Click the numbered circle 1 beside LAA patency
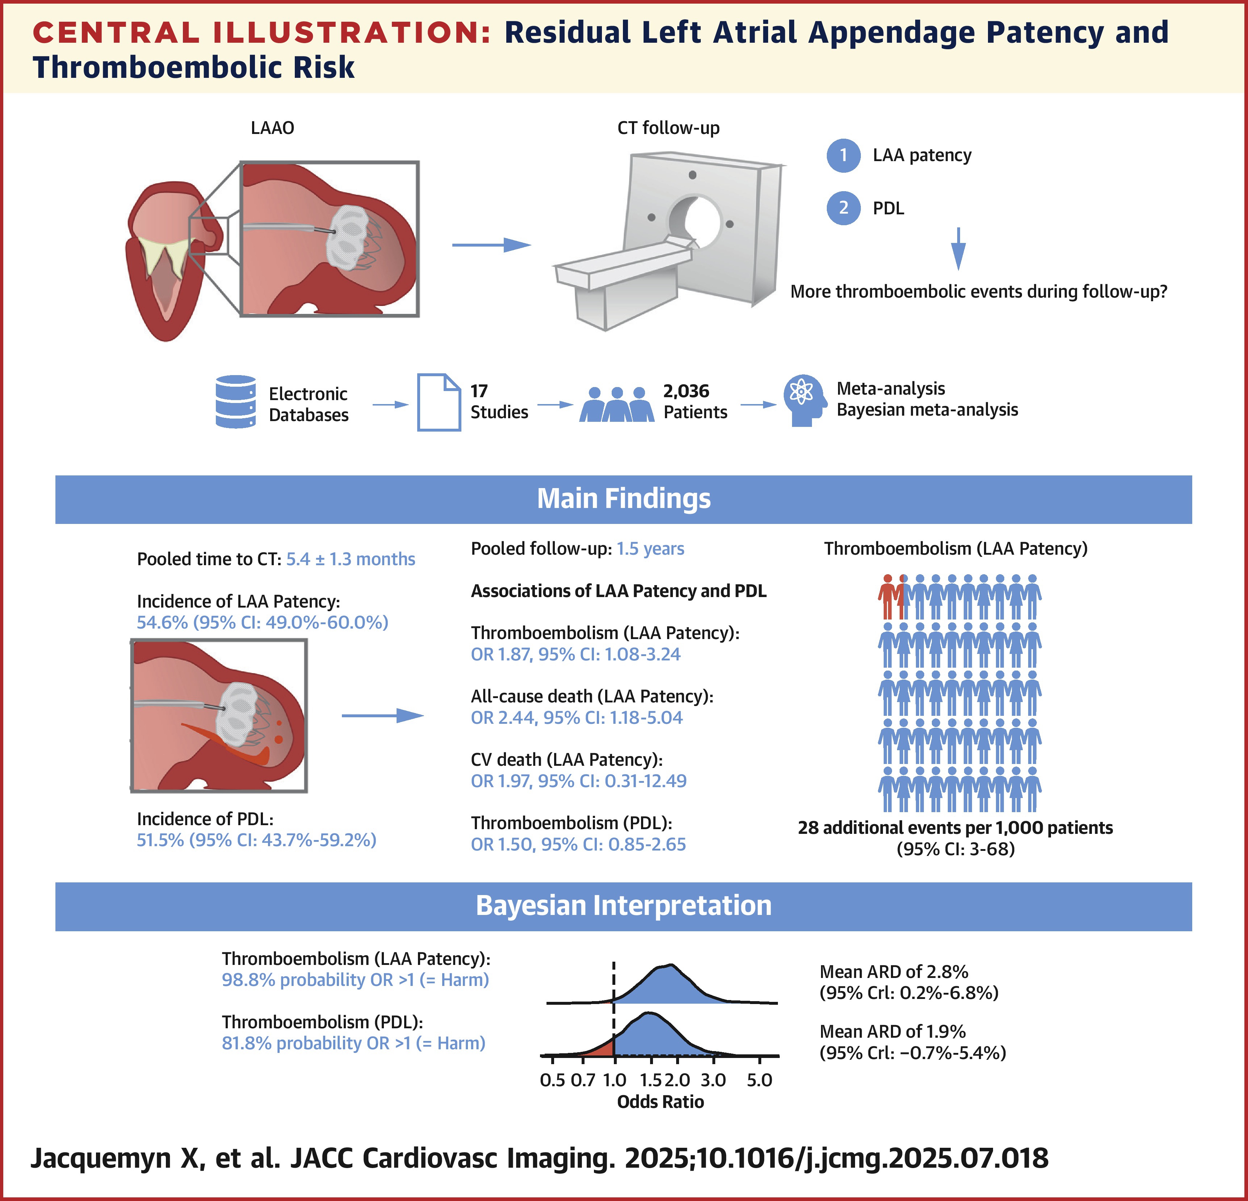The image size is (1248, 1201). pos(843,155)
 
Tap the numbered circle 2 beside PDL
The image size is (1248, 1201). pos(843,208)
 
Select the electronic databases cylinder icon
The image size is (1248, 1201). pos(236,402)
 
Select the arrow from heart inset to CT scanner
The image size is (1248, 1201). pos(491,244)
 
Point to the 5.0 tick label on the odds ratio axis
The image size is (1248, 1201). pos(759,1080)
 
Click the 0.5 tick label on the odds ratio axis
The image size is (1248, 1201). pos(552,1080)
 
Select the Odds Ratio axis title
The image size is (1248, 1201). pos(660,1102)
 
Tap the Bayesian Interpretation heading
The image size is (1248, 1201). pos(623,906)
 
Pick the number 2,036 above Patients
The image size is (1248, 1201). pos(686,391)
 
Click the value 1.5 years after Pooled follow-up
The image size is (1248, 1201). pos(650,549)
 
